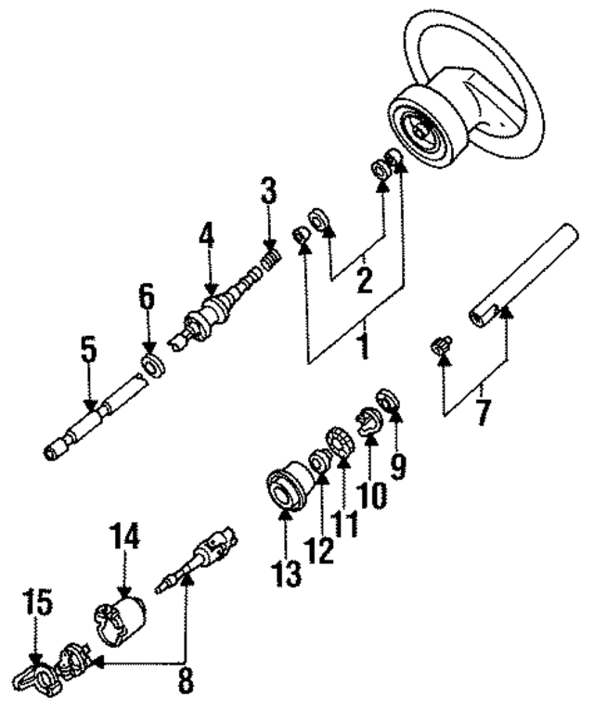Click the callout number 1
[364, 348]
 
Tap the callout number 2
[365, 279]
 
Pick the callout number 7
[482, 411]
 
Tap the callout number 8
[186, 681]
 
